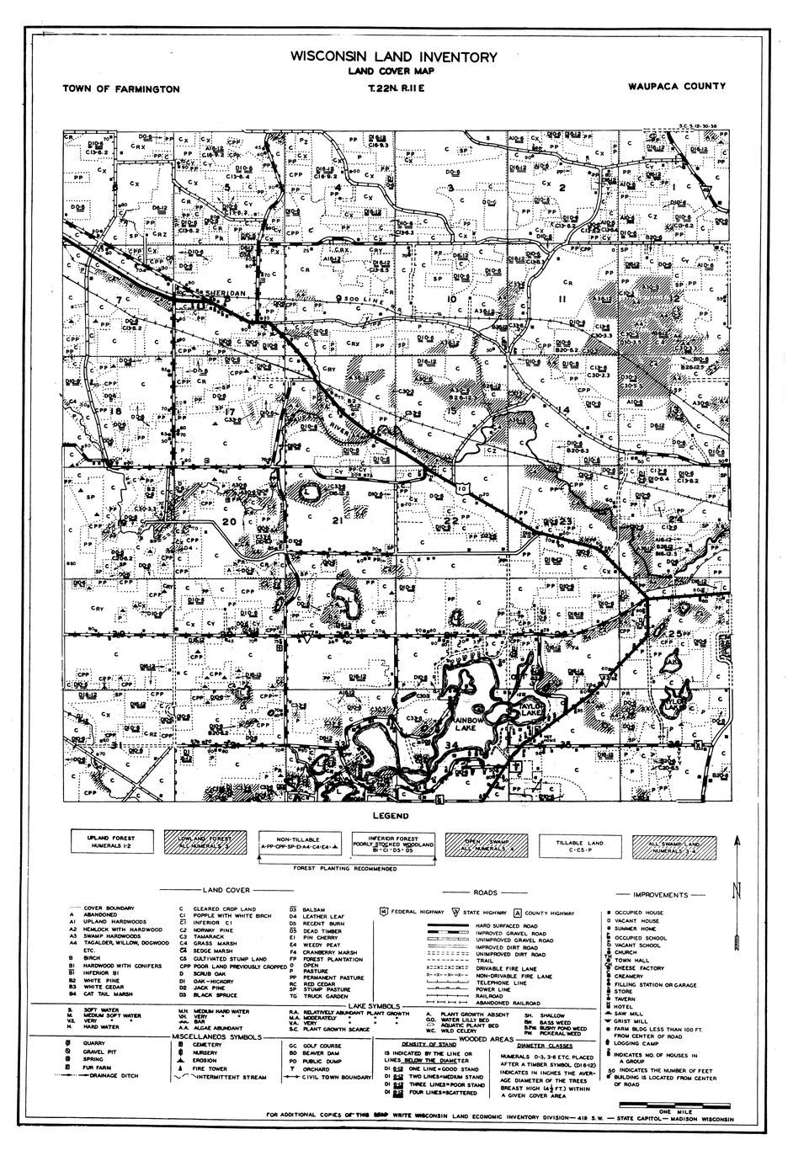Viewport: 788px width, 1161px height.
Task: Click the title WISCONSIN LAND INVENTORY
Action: [x=394, y=57]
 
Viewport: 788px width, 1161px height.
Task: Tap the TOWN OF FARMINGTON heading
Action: [x=120, y=88]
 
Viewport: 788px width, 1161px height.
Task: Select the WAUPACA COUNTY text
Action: [x=676, y=86]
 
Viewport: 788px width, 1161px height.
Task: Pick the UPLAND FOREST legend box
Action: [x=109, y=843]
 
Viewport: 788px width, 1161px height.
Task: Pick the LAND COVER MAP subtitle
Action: [x=394, y=72]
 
